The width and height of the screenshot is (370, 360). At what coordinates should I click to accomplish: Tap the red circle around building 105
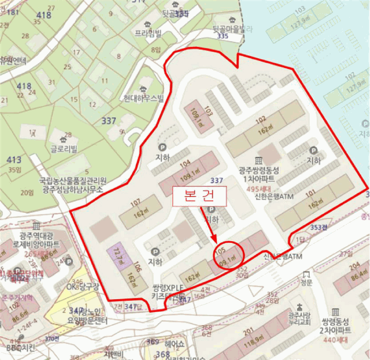(227, 255)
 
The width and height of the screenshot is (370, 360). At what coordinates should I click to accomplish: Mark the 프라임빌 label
(147, 32)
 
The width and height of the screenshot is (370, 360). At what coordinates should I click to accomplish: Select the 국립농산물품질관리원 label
(72, 181)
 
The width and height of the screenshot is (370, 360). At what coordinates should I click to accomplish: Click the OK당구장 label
(80, 287)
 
